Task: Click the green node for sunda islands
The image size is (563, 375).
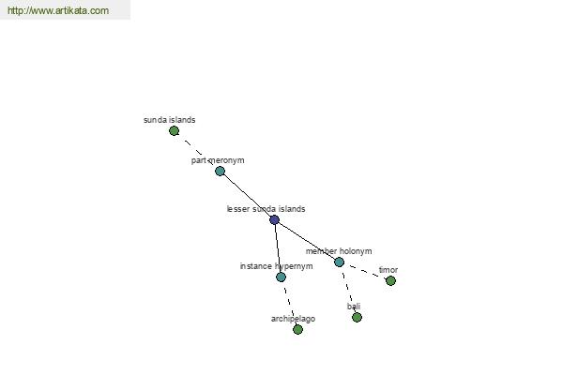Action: coord(174,131)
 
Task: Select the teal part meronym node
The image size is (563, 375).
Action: coord(220,172)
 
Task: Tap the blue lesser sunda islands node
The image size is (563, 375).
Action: coord(274,219)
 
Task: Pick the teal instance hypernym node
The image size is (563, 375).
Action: coord(281,277)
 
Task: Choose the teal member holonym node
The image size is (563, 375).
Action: coord(339,262)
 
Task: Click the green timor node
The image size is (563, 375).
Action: coord(390,280)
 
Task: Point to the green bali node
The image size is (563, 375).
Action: coord(357,317)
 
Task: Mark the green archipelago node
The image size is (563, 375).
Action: coord(297,329)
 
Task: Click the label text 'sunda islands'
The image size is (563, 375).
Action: coord(170,120)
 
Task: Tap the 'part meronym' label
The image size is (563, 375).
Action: coord(218,160)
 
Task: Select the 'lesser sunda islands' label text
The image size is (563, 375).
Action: coord(266,209)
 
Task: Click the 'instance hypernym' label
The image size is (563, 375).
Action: coord(276,266)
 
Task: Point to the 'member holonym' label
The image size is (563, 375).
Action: coord(339,251)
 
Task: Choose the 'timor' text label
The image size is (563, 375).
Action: coord(388,270)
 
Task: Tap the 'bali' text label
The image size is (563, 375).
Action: coord(354,307)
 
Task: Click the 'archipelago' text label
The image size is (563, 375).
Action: coord(293,319)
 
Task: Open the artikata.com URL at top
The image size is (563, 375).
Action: coord(58,10)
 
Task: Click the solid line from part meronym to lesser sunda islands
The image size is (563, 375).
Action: coord(247,196)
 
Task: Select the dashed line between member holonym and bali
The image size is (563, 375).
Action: coord(347,290)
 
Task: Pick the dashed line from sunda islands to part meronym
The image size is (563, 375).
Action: coord(197,151)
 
